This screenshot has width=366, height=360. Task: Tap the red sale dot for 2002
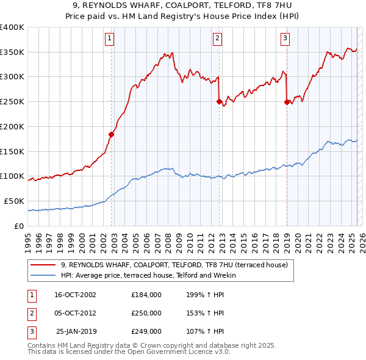(112, 134)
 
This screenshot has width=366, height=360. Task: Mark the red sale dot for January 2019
(287, 103)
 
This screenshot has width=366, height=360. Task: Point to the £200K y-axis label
(12, 126)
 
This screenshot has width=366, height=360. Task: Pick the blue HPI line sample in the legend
(43, 275)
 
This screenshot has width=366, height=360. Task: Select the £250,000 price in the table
(146, 313)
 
